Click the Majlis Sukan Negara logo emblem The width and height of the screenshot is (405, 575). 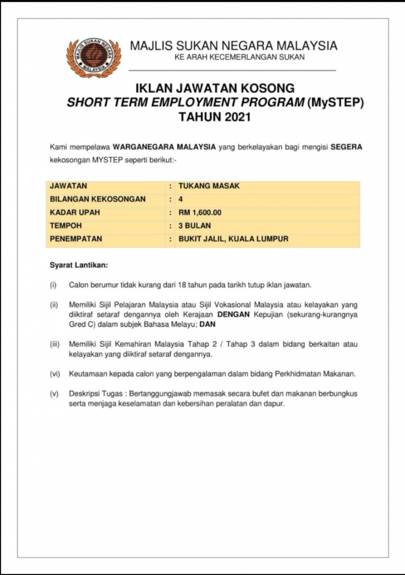click(x=94, y=57)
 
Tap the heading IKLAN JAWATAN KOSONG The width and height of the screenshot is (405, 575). click(x=215, y=88)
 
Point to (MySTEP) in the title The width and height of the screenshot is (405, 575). click(x=337, y=103)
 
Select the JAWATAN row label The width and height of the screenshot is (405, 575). click(x=69, y=185)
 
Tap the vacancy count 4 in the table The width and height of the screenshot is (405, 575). click(x=180, y=199)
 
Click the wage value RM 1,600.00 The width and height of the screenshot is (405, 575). click(x=200, y=212)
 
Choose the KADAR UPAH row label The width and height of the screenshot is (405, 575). click(x=75, y=212)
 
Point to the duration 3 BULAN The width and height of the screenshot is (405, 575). click(x=194, y=226)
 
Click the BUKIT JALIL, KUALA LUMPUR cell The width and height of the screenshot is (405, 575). click(x=233, y=239)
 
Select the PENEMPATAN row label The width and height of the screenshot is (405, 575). click(x=76, y=239)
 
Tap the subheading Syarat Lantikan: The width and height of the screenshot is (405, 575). click(x=79, y=264)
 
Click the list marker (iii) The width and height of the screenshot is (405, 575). click(x=55, y=344)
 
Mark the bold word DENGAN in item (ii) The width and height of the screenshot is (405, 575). click(x=234, y=314)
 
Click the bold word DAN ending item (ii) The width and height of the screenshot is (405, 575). click(x=207, y=325)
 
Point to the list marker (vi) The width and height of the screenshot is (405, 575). click(x=55, y=374)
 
